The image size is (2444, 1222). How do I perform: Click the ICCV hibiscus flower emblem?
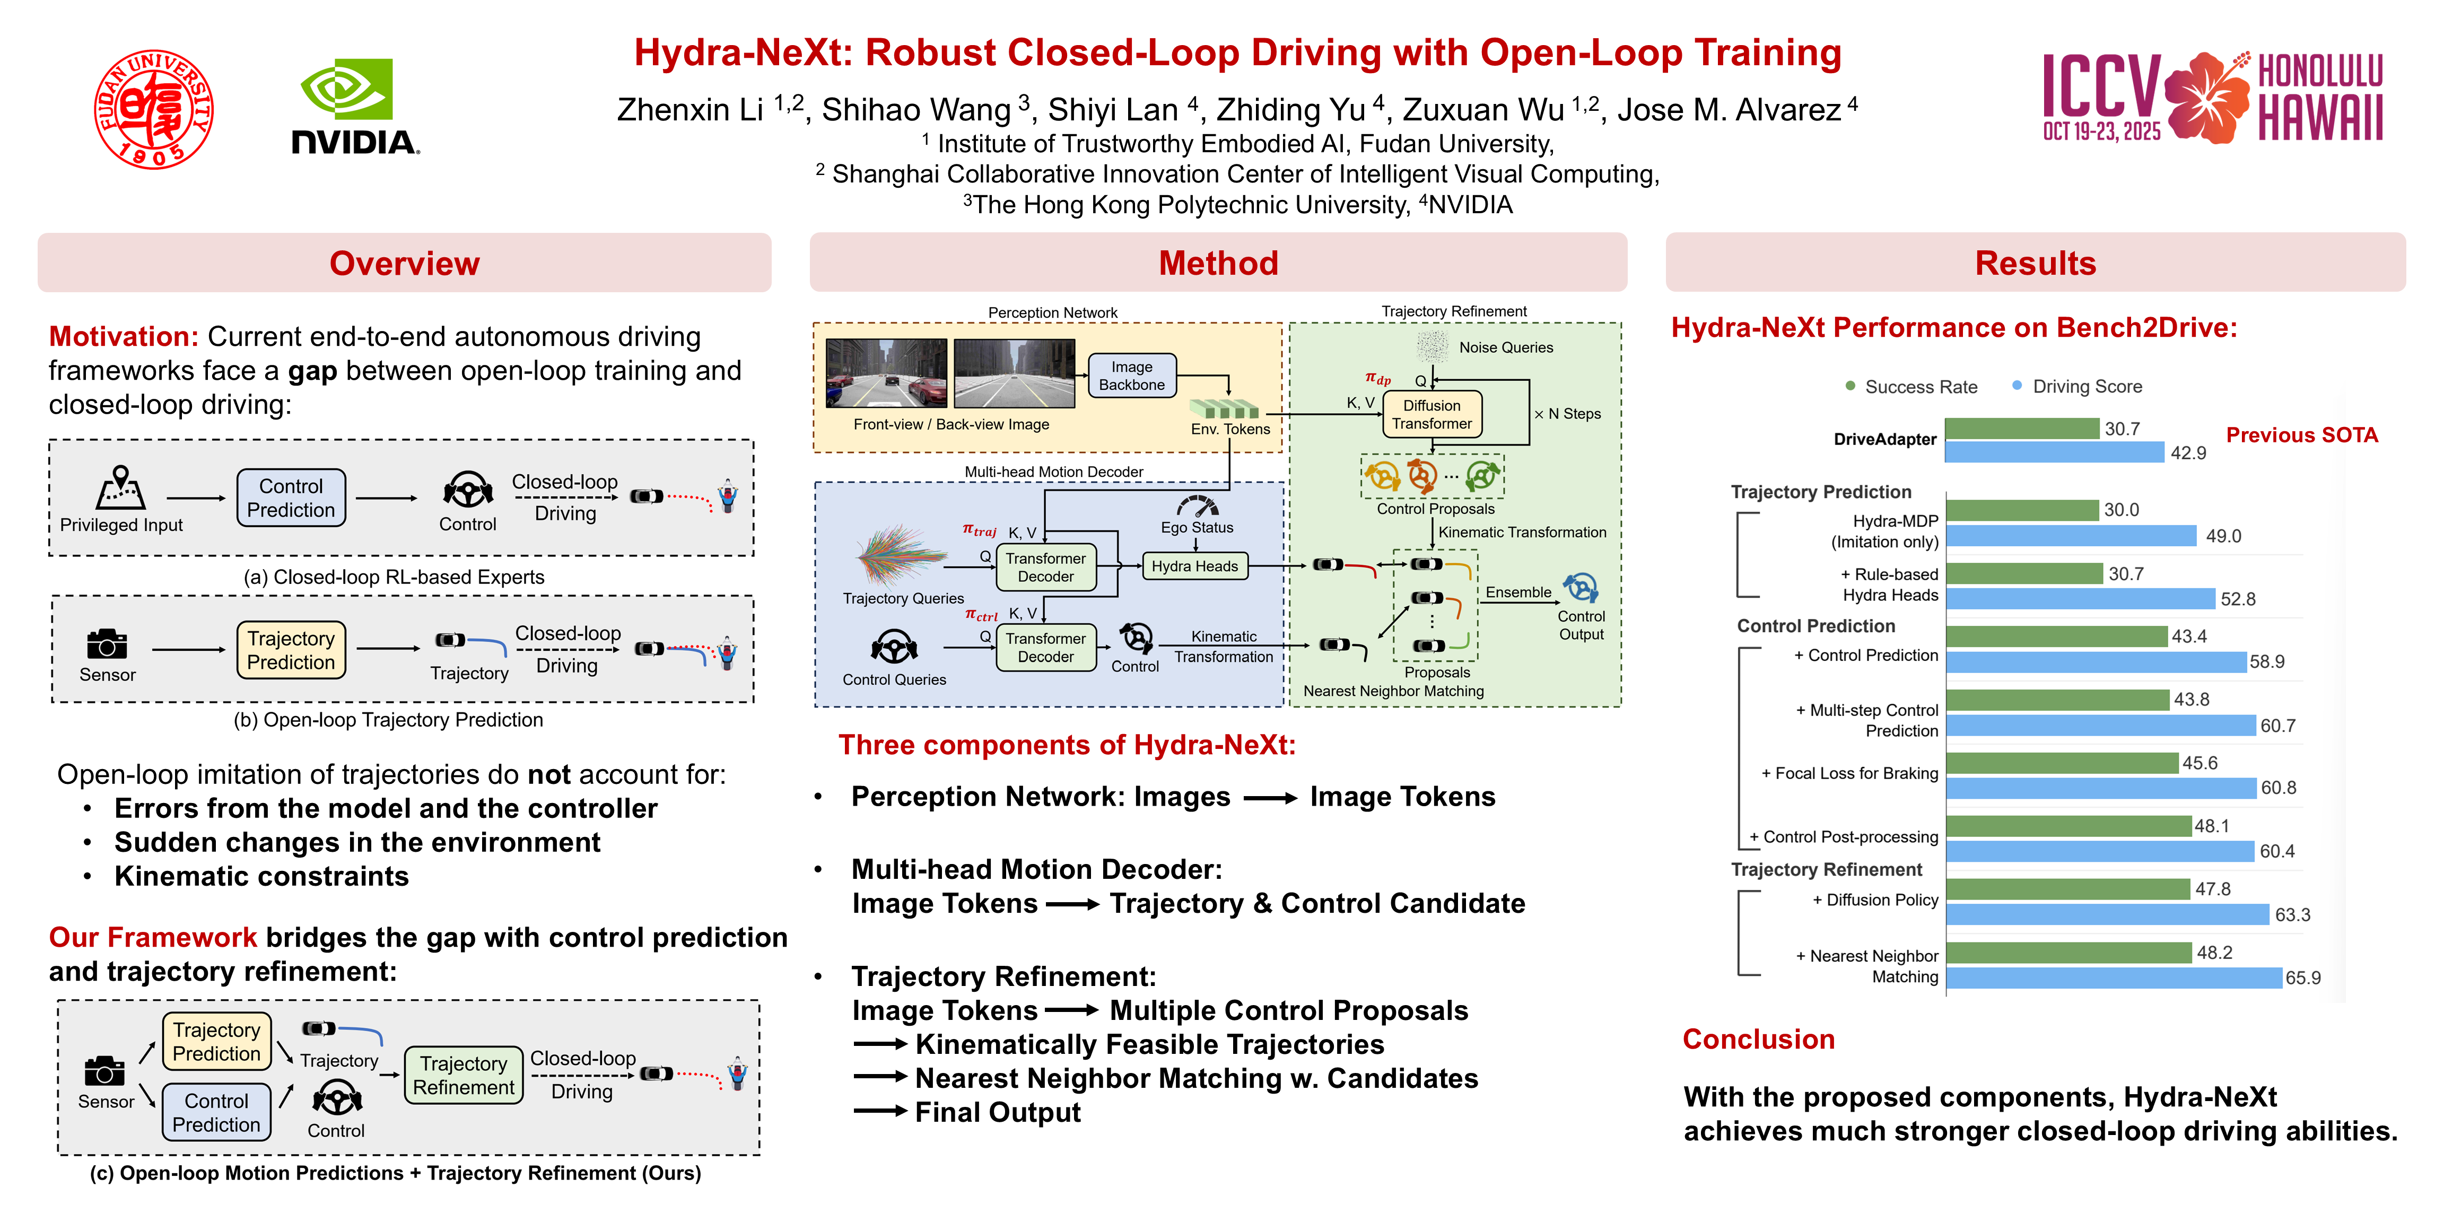[2206, 97]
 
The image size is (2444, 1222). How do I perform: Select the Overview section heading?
[404, 263]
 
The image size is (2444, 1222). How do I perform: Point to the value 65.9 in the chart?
[2302, 978]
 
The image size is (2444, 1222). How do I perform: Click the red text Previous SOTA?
[2302, 435]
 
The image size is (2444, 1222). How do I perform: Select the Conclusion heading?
[1758, 1039]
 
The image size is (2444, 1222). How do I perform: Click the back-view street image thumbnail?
[1013, 373]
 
